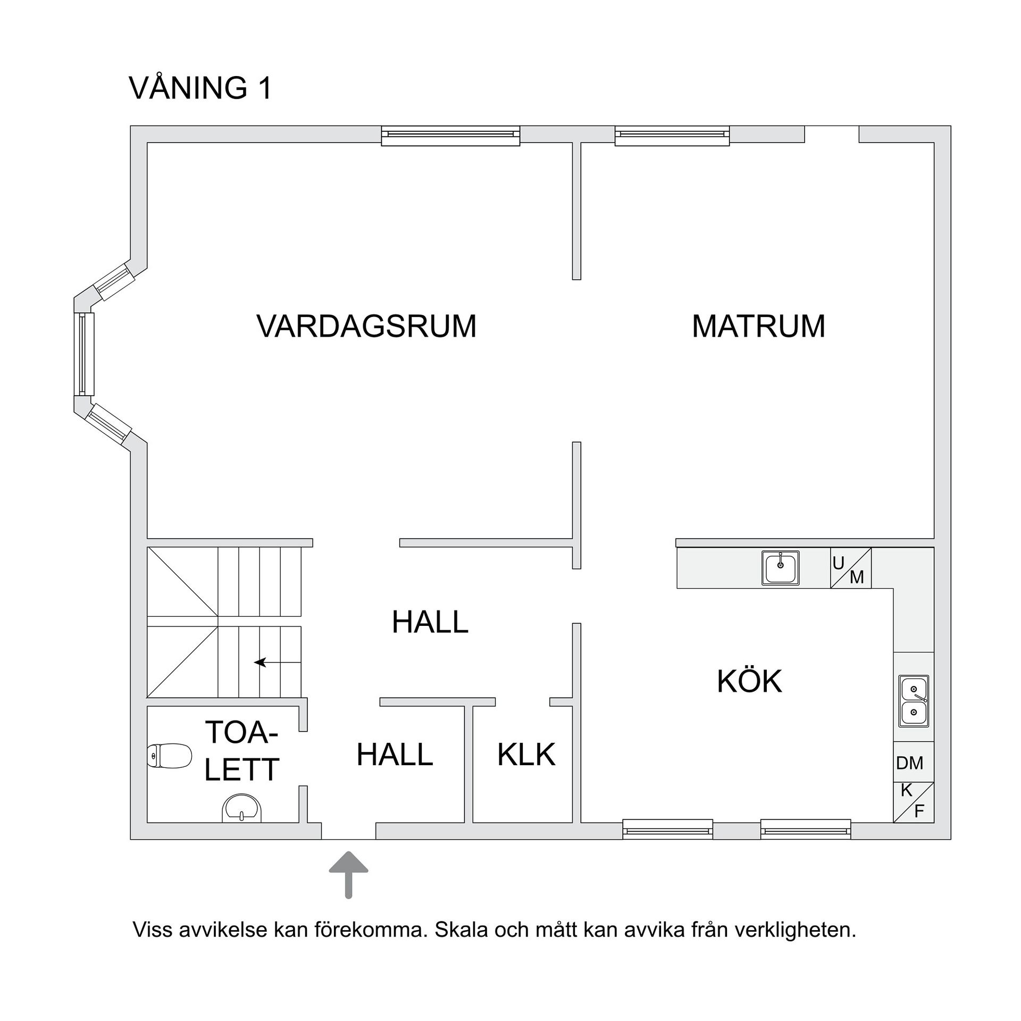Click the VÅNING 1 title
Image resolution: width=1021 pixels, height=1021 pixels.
(200, 88)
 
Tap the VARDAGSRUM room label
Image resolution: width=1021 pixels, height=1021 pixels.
(366, 326)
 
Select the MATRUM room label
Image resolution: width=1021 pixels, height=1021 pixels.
(758, 326)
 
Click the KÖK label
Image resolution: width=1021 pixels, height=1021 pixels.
(749, 681)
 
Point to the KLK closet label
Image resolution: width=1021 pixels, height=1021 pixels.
(526, 754)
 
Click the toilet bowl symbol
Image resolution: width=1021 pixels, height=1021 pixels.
(169, 756)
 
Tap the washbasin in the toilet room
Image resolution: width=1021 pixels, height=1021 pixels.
(242, 809)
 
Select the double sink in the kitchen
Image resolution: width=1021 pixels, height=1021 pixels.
(914, 701)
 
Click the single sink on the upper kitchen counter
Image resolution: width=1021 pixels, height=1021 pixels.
(780, 568)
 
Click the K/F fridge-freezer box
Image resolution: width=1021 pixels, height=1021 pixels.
(913, 802)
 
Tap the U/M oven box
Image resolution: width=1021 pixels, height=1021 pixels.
(851, 568)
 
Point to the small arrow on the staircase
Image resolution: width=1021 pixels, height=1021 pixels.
(260, 662)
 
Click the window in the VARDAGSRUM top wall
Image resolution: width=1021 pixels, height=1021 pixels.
(450, 136)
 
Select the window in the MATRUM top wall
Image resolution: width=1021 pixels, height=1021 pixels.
(672, 136)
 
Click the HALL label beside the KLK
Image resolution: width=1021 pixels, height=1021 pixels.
(395, 754)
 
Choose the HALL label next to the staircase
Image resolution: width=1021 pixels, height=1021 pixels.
(430, 622)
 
